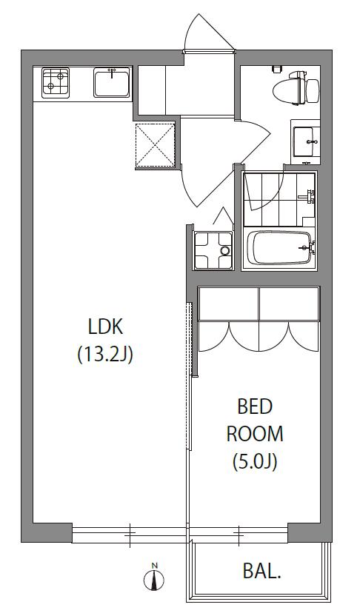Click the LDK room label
pyautogui.click(x=106, y=327)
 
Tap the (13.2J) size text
pyautogui.click(x=105, y=355)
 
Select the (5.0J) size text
pyautogui.click(x=255, y=461)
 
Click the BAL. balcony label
pyautogui.click(x=262, y=572)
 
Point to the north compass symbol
pyautogui.click(x=154, y=577)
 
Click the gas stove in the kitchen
pyautogui.click(x=56, y=83)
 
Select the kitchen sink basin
pyautogui.click(x=112, y=82)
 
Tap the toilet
pyautogui.click(x=297, y=88)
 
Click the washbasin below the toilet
pyautogui.click(x=305, y=142)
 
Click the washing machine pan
pyautogui.click(x=213, y=251)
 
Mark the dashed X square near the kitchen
pyautogui.click(x=156, y=145)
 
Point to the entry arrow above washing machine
pyautogui.click(x=223, y=215)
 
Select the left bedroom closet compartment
pyautogui.click(x=228, y=304)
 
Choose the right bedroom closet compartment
pyautogui.click(x=289, y=304)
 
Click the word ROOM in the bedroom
pyautogui.click(x=255, y=434)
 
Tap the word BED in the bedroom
pyautogui.click(x=255, y=407)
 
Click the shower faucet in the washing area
pyautogui.click(x=307, y=196)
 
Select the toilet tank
pyautogui.click(x=313, y=91)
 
